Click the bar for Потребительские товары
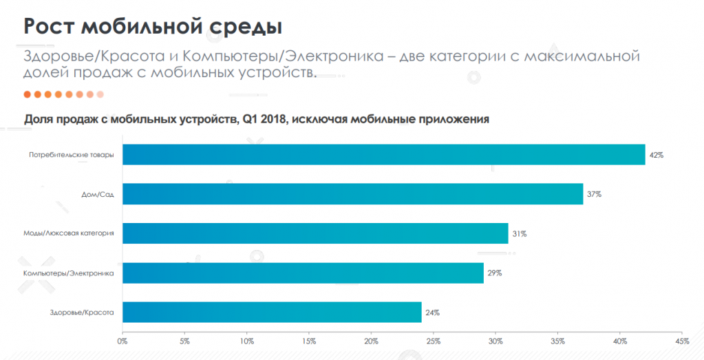pyautogui.click(x=384, y=155)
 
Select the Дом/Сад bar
pyautogui.click(x=353, y=194)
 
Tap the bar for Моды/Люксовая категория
pyautogui.click(x=315, y=233)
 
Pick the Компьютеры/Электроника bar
pyautogui.click(x=303, y=273)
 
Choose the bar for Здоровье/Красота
pyautogui.click(x=272, y=312)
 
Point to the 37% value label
pyautogui.click(x=594, y=195)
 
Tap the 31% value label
pyautogui.click(x=519, y=234)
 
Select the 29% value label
pyautogui.click(x=494, y=273)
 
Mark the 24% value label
pyautogui.click(x=432, y=313)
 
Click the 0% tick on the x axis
pyautogui.click(x=122, y=341)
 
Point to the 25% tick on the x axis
pyautogui.click(x=434, y=341)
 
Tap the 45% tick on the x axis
pyautogui.click(x=682, y=341)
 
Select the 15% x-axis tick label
pyautogui.click(x=309, y=341)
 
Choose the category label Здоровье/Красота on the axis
pyautogui.click(x=77, y=313)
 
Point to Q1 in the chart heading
pyautogui.click(x=251, y=118)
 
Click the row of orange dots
pyautogui.click(x=63, y=94)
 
